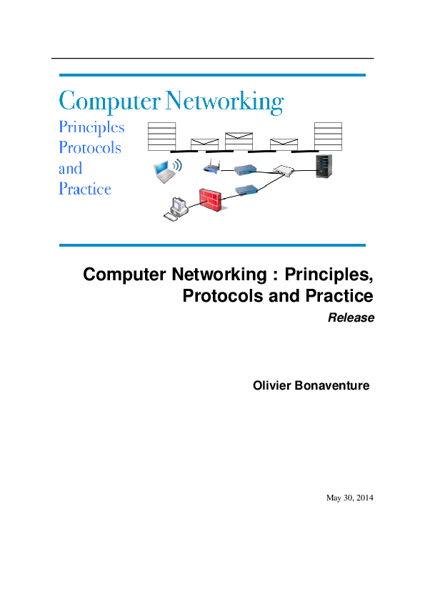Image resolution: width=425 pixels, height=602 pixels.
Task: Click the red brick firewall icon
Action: point(211,199)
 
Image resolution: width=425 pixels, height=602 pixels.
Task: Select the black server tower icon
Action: point(324,167)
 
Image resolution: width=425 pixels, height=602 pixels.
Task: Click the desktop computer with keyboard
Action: point(176,209)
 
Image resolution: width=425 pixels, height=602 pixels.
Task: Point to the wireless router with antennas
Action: point(211,167)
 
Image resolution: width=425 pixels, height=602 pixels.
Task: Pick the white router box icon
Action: point(284,170)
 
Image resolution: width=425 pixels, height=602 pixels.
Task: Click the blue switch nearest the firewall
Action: point(246,189)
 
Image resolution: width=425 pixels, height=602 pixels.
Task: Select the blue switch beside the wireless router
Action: point(245,169)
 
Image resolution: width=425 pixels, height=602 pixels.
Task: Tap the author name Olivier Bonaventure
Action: point(311,385)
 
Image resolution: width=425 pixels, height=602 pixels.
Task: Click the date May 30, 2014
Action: point(350,498)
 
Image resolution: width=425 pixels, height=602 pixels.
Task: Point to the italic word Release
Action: point(351,317)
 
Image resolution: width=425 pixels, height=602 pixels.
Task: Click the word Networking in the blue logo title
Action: point(225,102)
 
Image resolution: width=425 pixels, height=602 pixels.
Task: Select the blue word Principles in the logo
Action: point(91,128)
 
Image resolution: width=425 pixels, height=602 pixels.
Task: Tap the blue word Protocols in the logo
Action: point(90,147)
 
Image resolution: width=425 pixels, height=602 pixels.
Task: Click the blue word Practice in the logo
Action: point(85,189)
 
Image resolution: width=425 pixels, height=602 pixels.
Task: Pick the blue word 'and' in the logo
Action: point(71,168)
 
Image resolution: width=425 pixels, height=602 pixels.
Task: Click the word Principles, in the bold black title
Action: point(329,275)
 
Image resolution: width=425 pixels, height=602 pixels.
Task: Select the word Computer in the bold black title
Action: point(125,275)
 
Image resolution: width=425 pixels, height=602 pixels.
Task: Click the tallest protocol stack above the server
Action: point(328,137)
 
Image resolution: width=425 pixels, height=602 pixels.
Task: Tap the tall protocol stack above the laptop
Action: point(162,137)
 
